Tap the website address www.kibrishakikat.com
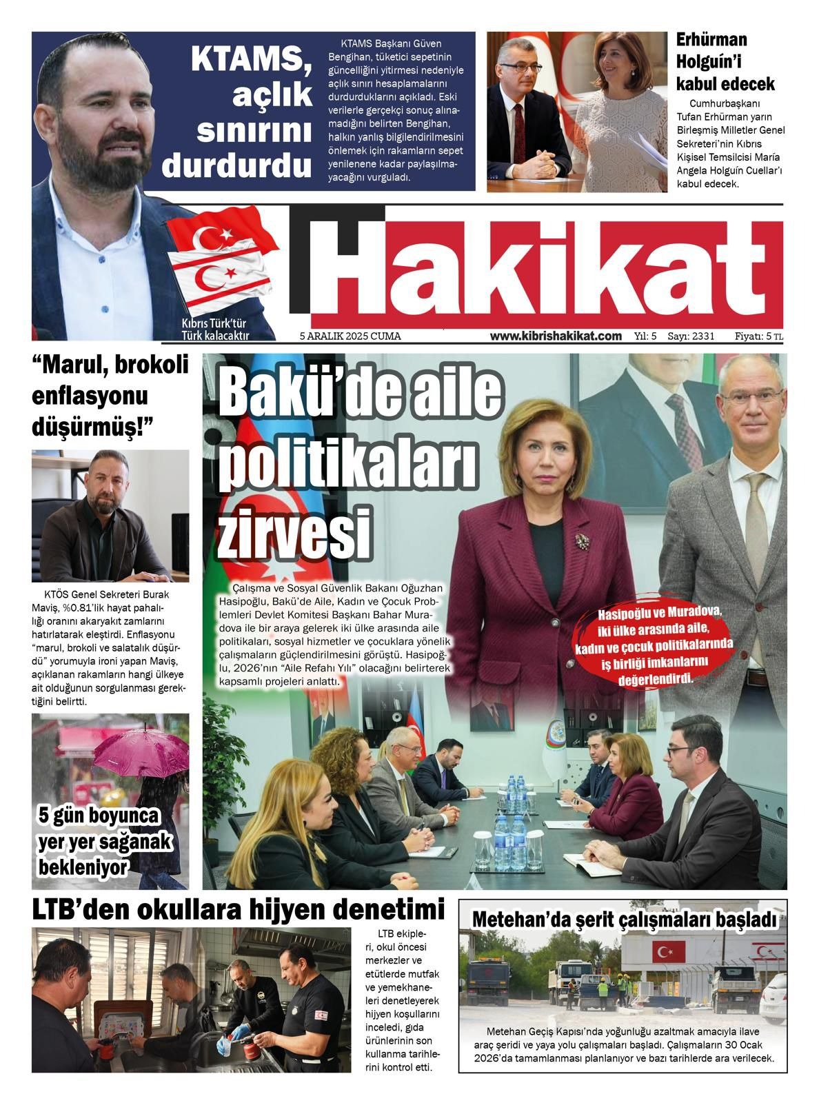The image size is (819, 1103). tap(556, 336)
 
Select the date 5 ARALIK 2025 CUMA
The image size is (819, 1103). tap(350, 336)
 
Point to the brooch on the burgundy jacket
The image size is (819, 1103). tap(583, 542)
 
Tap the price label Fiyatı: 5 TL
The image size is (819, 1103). tap(758, 336)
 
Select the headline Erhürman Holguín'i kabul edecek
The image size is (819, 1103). tap(725, 62)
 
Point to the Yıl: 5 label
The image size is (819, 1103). tap(645, 336)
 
